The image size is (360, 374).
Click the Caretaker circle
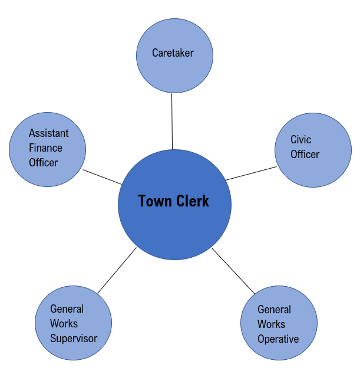click(x=174, y=56)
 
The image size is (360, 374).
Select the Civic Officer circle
click(x=313, y=150)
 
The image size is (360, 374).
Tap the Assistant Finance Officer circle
click(x=47, y=150)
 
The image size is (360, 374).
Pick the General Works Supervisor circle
click(x=74, y=323)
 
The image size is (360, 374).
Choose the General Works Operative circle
click(x=279, y=323)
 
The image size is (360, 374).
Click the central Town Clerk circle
click(x=174, y=205)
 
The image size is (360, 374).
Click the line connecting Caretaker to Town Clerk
click(x=172, y=122)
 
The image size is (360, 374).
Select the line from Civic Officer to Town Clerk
click(x=251, y=173)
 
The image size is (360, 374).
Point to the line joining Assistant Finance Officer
click(x=102, y=177)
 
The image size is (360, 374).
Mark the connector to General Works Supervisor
click(x=117, y=271)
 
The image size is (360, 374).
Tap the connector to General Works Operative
click(x=233, y=271)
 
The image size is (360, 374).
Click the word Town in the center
click(x=155, y=201)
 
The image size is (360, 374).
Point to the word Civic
click(x=300, y=140)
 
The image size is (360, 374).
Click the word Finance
click(x=45, y=148)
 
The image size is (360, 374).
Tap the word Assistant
click(x=48, y=133)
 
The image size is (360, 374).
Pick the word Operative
click(x=278, y=339)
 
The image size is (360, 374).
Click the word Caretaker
click(x=173, y=53)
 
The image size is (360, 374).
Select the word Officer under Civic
click(x=305, y=155)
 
